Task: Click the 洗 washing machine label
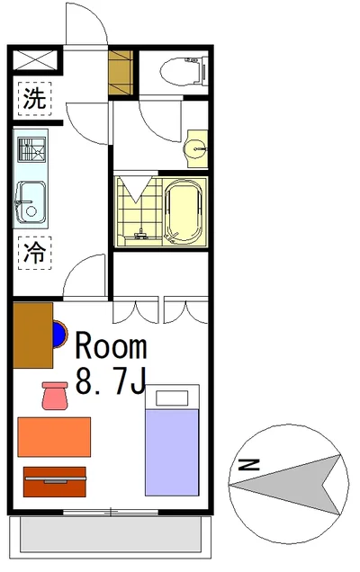[x=35, y=99]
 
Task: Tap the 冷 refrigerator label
[x=35, y=253]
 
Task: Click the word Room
[x=111, y=345]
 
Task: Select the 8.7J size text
[x=111, y=380]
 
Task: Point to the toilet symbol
[x=184, y=71]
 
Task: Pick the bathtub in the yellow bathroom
[x=184, y=212]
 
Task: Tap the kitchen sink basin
[x=31, y=201]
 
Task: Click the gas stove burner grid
[x=32, y=149]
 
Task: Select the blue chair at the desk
[x=59, y=335]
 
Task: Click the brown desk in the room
[x=33, y=335]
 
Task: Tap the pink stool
[x=55, y=396]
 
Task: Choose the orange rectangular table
[x=54, y=437]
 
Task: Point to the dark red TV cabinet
[x=55, y=482]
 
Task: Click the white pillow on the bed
[x=172, y=398]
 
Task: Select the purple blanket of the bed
[x=172, y=452]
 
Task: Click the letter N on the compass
[x=248, y=464]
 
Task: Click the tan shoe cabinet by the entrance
[x=121, y=73]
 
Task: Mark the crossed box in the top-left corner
[x=35, y=60]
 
